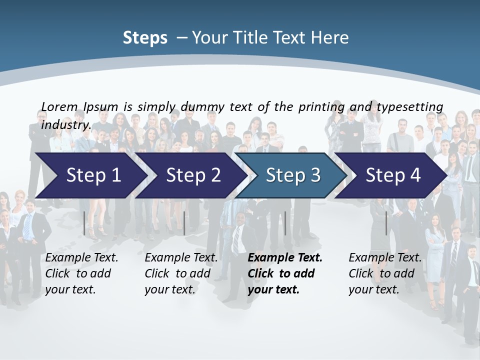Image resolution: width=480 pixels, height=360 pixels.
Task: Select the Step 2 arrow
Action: click(192, 175)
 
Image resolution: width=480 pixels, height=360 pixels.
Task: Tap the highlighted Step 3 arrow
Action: click(292, 175)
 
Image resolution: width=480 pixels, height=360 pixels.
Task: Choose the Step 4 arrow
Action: click(392, 175)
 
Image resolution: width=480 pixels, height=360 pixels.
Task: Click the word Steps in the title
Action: click(145, 38)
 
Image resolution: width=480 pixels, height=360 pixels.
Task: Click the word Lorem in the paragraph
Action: click(59, 106)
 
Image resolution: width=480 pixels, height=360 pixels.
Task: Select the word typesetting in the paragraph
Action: click(409, 106)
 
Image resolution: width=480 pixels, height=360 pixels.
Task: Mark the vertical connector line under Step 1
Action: click(84, 223)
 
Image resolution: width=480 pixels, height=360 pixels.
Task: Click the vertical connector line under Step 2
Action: click(184, 223)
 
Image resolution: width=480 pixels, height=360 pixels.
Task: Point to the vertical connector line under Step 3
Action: click(285, 223)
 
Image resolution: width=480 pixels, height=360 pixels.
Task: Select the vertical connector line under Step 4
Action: click(386, 223)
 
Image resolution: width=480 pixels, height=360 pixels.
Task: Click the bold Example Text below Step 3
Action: click(285, 258)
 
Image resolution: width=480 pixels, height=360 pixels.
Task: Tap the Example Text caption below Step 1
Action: click(81, 258)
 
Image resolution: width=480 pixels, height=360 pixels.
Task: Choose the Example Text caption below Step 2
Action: click(181, 258)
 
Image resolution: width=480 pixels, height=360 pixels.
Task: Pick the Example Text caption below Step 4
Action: click(385, 258)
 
